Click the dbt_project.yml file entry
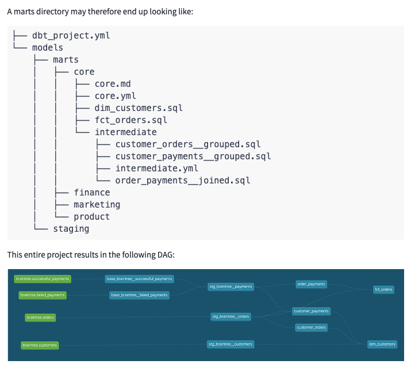pos(71,36)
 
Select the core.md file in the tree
pos(113,84)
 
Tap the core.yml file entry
pos(115,96)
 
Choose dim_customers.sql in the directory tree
pos(139,108)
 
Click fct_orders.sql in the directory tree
pos(131,120)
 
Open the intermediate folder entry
pos(125,132)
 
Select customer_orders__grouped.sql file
pos(187,144)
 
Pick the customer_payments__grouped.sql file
pos(193,156)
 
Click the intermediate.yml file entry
pos(156,168)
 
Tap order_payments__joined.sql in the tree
pos(182,181)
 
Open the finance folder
pos(91,193)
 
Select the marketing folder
pos(97,205)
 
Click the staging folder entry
pos(71,229)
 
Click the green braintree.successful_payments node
pos(43,279)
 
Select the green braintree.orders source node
pos(40,317)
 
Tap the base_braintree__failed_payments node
pos(139,295)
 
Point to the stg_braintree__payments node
pos(230,286)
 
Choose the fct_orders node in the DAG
pos(383,289)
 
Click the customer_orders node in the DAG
pos(312,327)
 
